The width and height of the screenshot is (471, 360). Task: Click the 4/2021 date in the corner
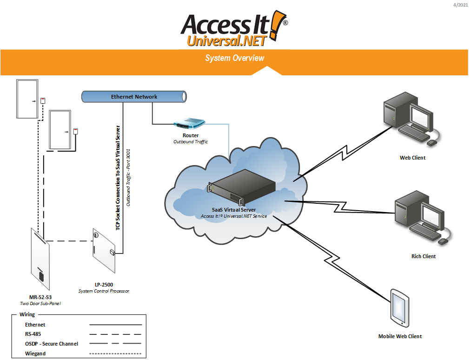460,5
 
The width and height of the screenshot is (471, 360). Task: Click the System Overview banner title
234,58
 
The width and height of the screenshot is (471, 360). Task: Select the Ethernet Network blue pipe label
134,97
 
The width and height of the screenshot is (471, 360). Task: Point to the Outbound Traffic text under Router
191,141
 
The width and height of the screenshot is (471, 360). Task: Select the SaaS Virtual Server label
234,210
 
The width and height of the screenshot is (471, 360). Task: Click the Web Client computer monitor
421,116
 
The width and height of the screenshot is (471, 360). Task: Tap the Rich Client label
424,256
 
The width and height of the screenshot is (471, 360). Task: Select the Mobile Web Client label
400,336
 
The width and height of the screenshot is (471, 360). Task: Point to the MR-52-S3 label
40,297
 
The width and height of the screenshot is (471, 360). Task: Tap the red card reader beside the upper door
43,100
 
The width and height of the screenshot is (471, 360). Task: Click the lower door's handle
67,132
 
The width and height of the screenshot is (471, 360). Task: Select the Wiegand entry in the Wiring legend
35,353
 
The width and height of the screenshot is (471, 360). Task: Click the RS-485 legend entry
33,334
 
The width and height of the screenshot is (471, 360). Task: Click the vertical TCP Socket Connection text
118,178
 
